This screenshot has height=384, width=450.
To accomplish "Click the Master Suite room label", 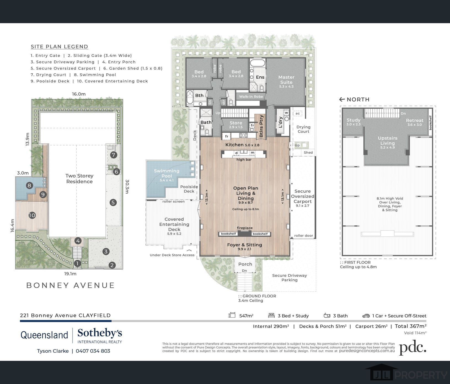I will [286, 80].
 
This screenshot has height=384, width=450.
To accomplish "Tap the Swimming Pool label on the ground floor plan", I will [167, 174].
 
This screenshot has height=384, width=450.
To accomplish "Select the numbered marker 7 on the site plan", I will [114, 155].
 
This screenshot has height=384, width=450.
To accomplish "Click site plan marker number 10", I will [32, 215].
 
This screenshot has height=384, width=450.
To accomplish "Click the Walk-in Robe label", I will [251, 97].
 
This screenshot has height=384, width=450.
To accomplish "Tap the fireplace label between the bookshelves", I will [245, 228].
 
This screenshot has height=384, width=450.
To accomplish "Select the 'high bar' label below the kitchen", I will [244, 159].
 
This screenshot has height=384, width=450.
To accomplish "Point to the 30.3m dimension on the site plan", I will [127, 186].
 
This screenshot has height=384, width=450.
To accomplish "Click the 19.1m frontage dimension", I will [70, 274].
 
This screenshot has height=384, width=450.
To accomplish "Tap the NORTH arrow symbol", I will [342, 99].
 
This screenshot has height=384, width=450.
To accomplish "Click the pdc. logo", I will [413, 348].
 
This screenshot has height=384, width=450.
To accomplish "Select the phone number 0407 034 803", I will [93, 351].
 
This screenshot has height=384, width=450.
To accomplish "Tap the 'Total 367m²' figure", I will [411, 326].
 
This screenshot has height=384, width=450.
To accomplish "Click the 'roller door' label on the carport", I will [304, 235].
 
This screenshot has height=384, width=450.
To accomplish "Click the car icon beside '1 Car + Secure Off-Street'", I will [366, 316].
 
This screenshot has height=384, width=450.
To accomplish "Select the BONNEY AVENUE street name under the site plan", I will [70, 285].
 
